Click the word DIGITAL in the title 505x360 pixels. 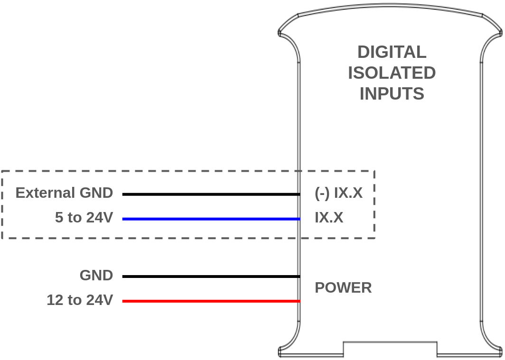392,52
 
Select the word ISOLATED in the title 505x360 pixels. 392,73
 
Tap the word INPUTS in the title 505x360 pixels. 392,93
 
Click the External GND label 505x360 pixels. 64,193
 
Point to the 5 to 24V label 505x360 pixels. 84,218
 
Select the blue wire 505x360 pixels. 211,219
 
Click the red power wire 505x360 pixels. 211,301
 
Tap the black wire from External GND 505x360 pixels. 211,194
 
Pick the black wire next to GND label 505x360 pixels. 211,277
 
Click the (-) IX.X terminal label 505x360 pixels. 338,193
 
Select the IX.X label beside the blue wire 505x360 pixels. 329,218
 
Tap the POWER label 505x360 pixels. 343,288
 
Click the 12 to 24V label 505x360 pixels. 79,300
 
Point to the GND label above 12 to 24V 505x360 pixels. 96,276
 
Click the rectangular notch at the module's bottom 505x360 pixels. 390,349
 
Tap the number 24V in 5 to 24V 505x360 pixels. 99,218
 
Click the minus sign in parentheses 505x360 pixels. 322,194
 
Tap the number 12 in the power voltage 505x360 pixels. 54,300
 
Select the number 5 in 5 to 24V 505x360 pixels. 59,218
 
